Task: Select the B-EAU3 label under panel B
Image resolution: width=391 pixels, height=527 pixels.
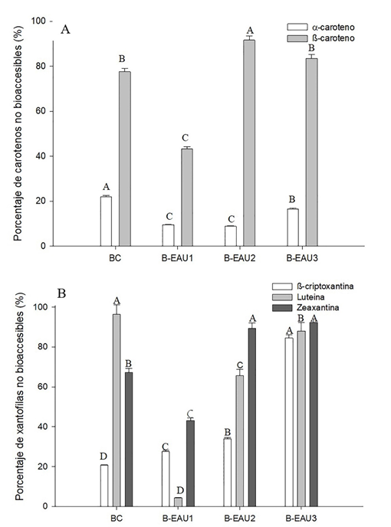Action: tap(303, 519)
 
